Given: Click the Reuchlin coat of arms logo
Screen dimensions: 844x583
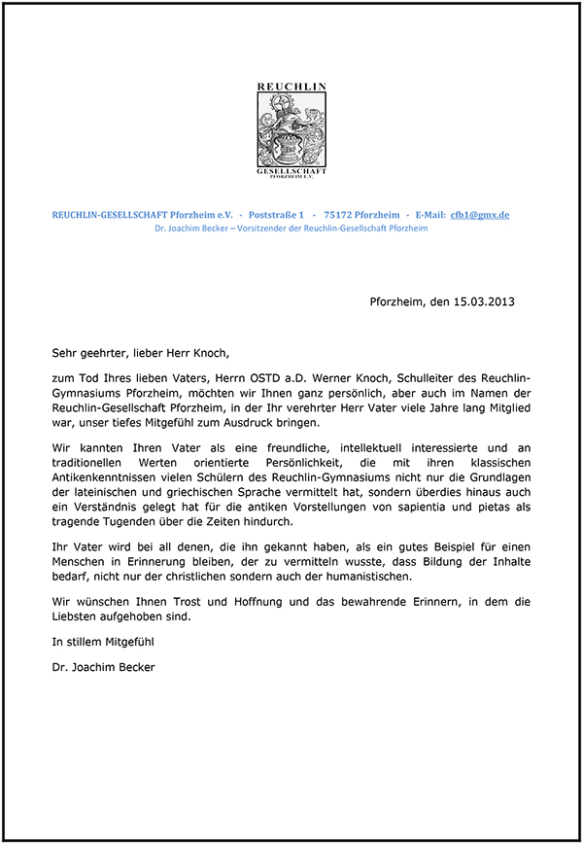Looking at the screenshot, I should coord(291,130).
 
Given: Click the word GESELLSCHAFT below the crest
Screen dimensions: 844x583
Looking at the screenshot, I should coord(291,170).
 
